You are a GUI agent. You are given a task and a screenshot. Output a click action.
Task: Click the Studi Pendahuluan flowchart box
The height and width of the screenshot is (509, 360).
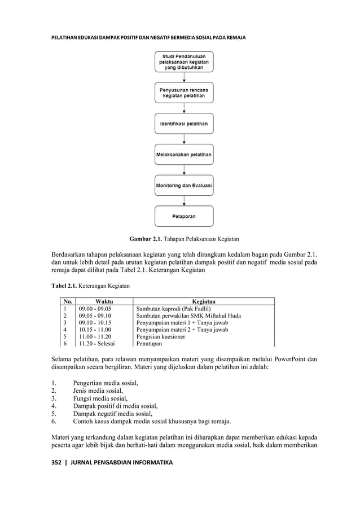point(184,62)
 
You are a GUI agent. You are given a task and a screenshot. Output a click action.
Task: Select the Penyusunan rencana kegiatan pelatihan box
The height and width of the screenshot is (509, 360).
point(184,93)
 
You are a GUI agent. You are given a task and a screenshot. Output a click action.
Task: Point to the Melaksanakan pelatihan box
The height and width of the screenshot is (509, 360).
point(184,154)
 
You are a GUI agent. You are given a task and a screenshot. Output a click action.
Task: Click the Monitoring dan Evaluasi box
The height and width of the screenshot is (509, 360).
point(184,185)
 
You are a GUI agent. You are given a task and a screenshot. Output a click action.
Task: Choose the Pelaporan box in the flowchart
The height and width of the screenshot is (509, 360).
point(184,216)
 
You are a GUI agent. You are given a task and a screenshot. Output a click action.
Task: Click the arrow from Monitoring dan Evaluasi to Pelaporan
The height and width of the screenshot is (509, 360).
point(184,200)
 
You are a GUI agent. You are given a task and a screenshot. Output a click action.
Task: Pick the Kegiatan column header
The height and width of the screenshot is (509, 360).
point(204,301)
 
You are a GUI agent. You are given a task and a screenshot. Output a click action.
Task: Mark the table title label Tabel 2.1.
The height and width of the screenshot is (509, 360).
point(64,287)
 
